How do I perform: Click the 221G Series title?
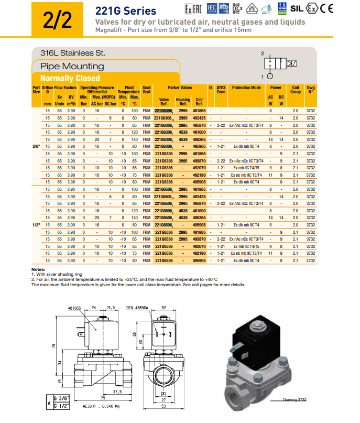125,10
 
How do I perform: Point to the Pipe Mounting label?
72,67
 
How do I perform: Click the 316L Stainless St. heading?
73,53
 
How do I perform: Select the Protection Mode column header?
246,88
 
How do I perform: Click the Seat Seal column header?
147,90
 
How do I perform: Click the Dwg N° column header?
311,90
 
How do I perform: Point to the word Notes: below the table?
39,269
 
